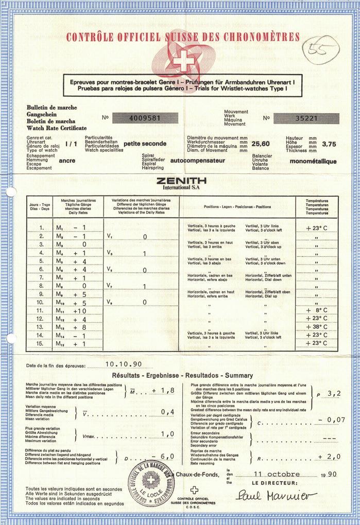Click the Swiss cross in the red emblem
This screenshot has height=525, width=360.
pos(181,62)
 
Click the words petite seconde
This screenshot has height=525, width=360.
pos(145,144)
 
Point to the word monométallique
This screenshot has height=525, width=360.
pos(313,161)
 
